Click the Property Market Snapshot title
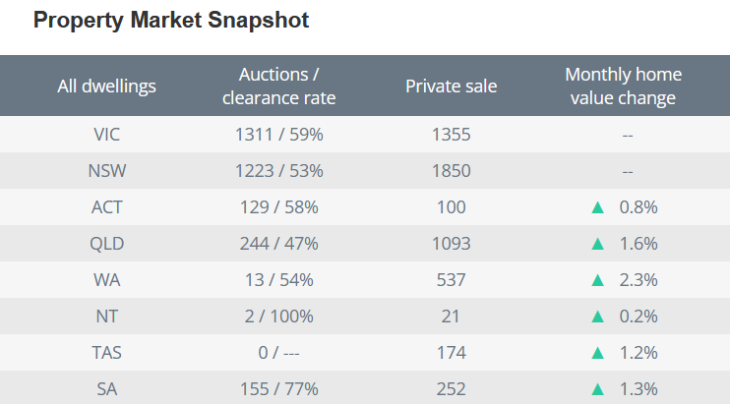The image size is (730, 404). (x=171, y=21)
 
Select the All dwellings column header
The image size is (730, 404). (x=106, y=87)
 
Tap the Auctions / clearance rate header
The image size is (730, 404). (x=279, y=87)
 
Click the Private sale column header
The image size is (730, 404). (x=451, y=87)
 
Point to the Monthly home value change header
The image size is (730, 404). (x=623, y=87)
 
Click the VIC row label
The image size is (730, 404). (x=106, y=134)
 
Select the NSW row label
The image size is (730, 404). (x=106, y=170)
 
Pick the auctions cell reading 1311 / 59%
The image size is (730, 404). (x=279, y=134)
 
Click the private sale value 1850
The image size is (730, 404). (x=451, y=170)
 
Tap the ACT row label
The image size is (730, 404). (x=106, y=206)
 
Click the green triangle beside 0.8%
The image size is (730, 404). (x=596, y=207)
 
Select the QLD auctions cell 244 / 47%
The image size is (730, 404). (x=279, y=243)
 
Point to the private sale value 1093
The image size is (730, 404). (x=451, y=243)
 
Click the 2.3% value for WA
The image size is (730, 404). (x=638, y=279)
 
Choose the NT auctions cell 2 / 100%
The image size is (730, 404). (x=279, y=316)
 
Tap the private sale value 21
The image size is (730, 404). (x=451, y=316)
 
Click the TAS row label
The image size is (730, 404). (x=106, y=352)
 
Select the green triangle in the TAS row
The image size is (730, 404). (x=596, y=353)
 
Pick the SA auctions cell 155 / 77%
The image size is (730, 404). (x=279, y=388)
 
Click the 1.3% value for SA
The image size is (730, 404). (x=638, y=388)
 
